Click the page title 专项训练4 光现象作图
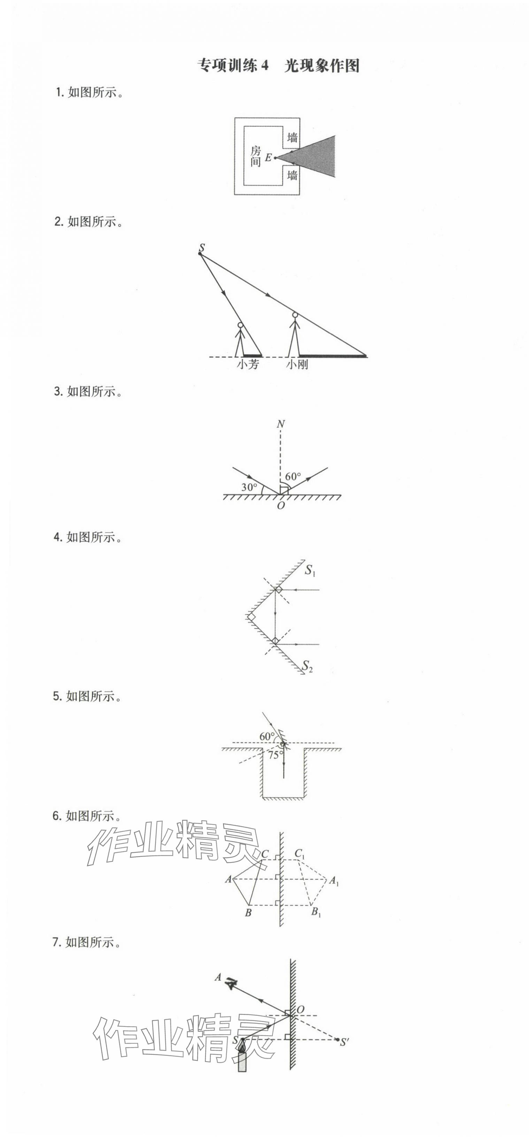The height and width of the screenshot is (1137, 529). tap(278, 66)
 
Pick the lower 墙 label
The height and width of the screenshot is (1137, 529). tap(292, 175)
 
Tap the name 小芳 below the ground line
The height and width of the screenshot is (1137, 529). tap(247, 364)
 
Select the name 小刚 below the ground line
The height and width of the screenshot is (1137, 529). tap(297, 364)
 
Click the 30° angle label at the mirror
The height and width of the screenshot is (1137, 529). tap(249, 487)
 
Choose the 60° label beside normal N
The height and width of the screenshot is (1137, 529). tap(293, 476)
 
